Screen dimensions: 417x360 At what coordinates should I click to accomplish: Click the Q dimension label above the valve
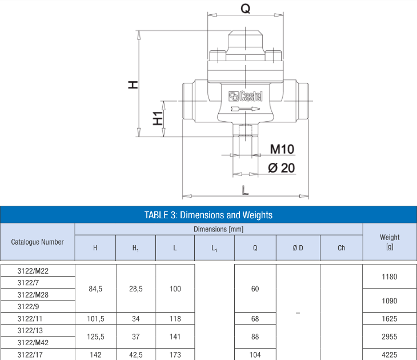(x=246, y=9)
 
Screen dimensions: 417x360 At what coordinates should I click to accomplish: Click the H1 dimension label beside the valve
(x=158, y=118)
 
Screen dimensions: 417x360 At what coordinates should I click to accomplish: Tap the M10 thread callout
(x=282, y=149)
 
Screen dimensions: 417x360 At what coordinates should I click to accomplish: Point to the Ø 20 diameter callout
(x=282, y=168)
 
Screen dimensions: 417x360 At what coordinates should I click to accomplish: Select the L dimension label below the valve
(x=245, y=190)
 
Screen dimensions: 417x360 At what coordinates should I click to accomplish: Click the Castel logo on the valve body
(x=246, y=97)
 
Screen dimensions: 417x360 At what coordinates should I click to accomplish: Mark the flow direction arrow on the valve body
(x=245, y=109)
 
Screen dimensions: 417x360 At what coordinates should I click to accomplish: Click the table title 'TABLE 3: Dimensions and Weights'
(x=209, y=215)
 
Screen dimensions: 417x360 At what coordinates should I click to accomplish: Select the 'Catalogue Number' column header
(x=37, y=242)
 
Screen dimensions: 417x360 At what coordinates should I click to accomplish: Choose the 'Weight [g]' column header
(x=390, y=242)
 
